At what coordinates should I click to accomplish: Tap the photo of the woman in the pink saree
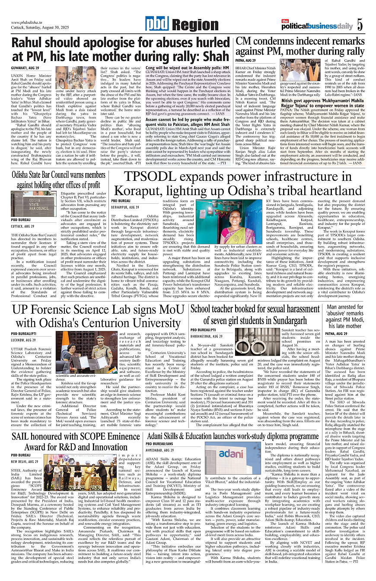coord(238,222)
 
